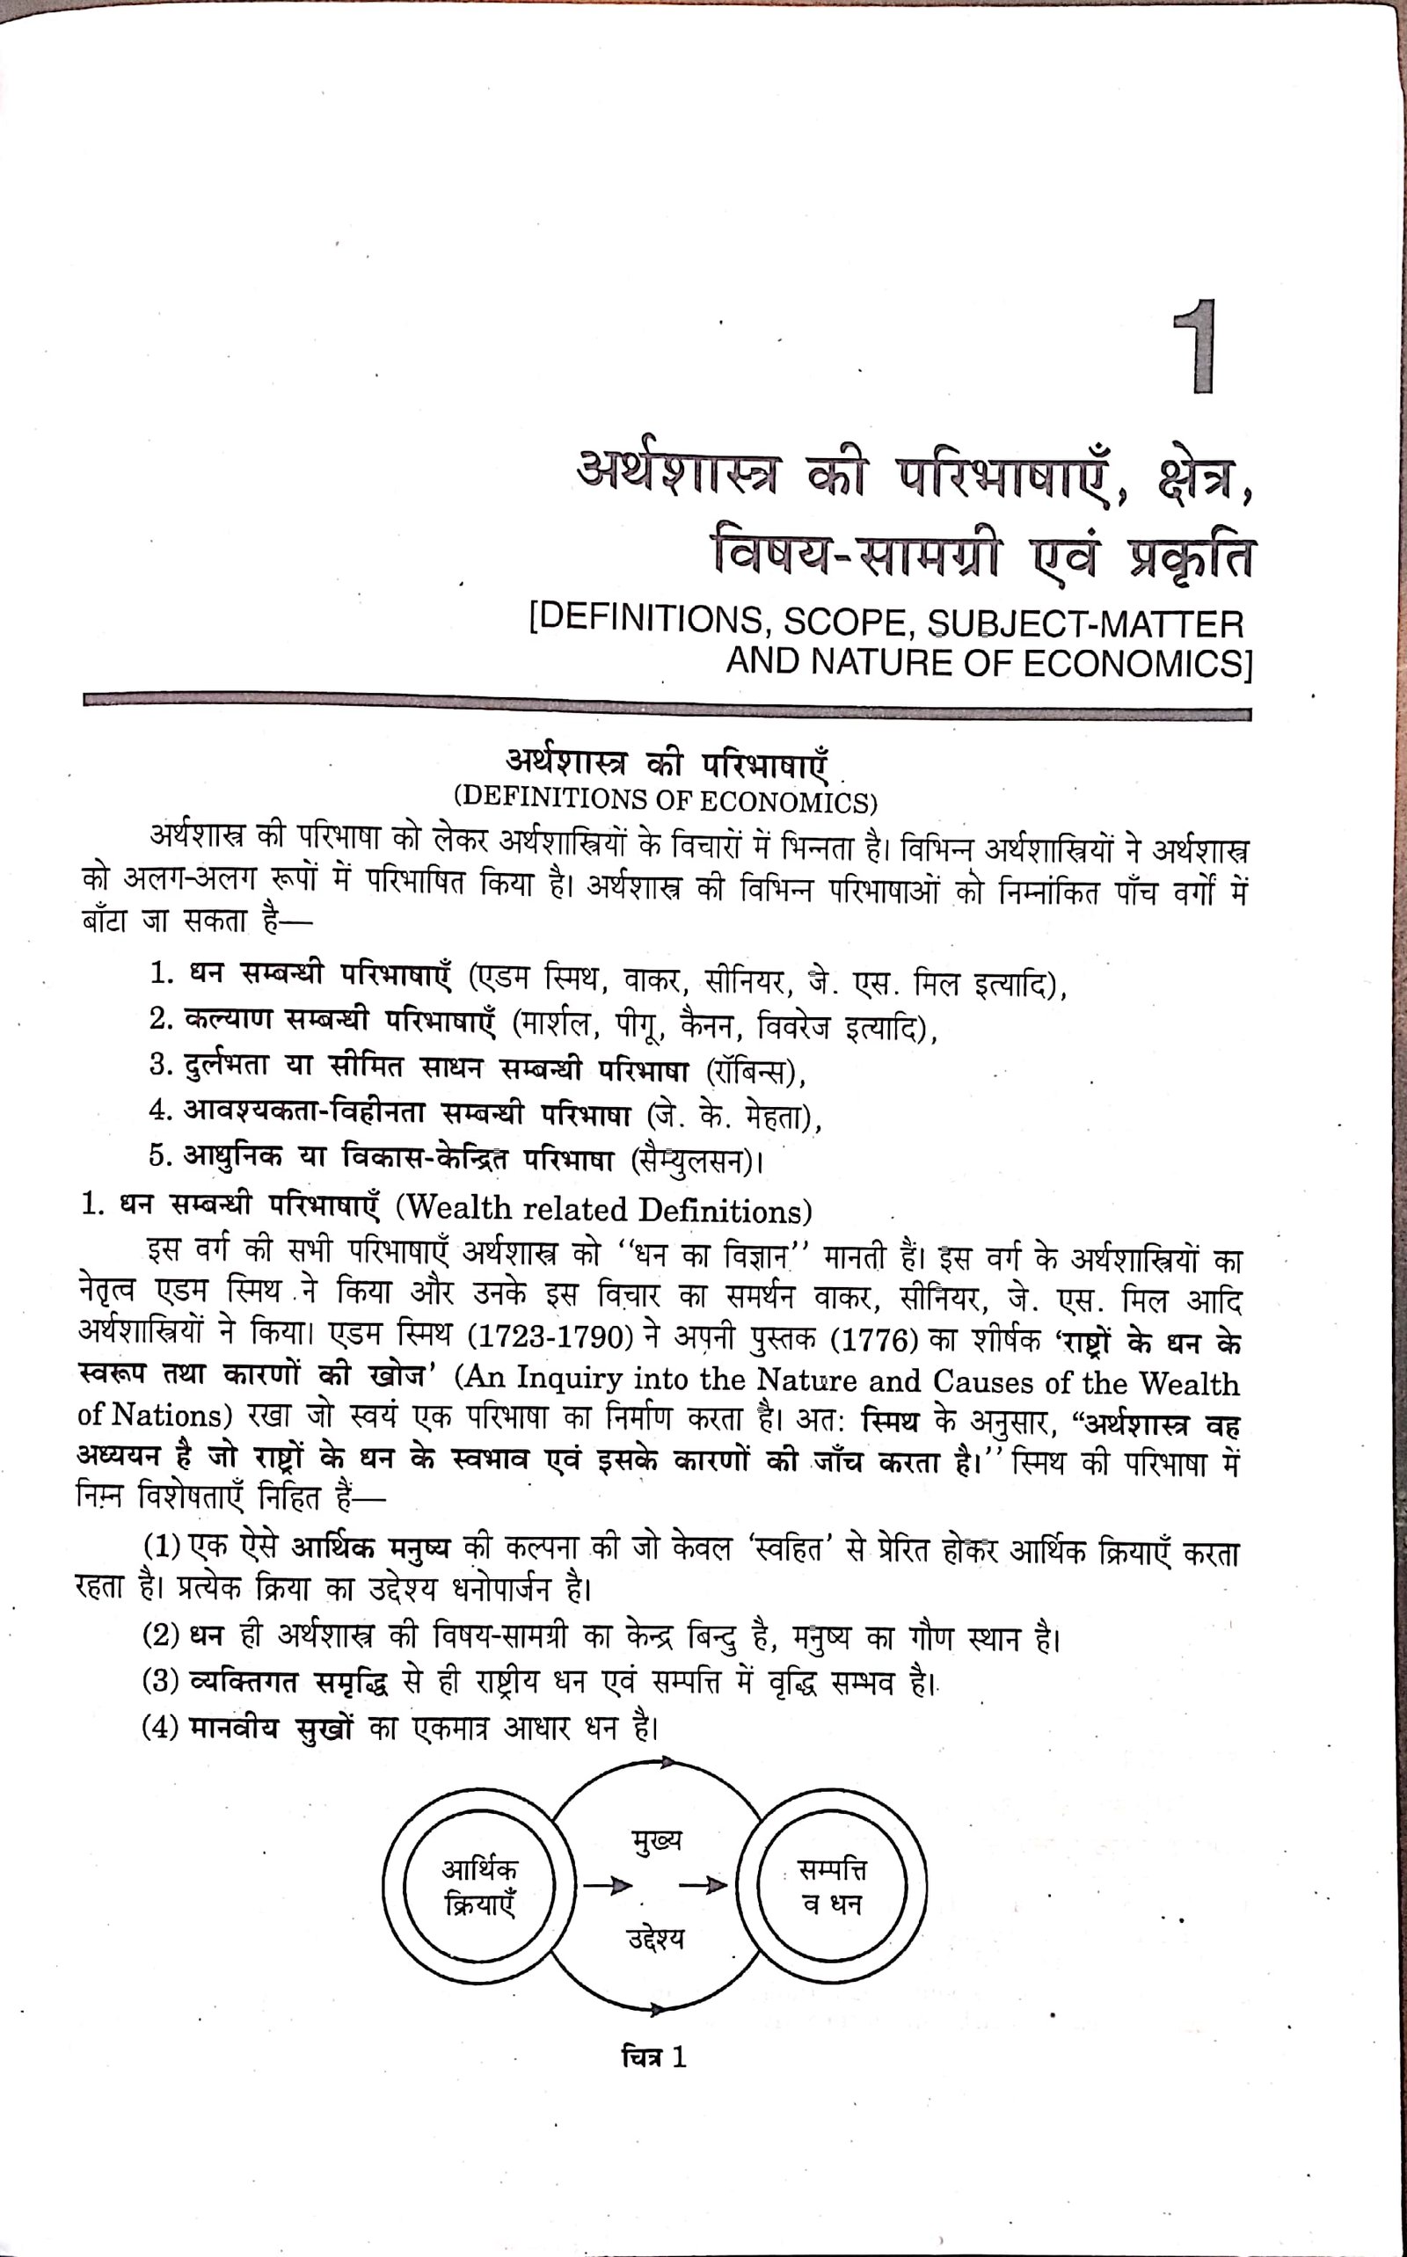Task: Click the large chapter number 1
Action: click(x=1195, y=348)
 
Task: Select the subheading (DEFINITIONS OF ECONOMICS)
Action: click(x=665, y=800)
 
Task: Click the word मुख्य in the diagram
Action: click(x=655, y=1839)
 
